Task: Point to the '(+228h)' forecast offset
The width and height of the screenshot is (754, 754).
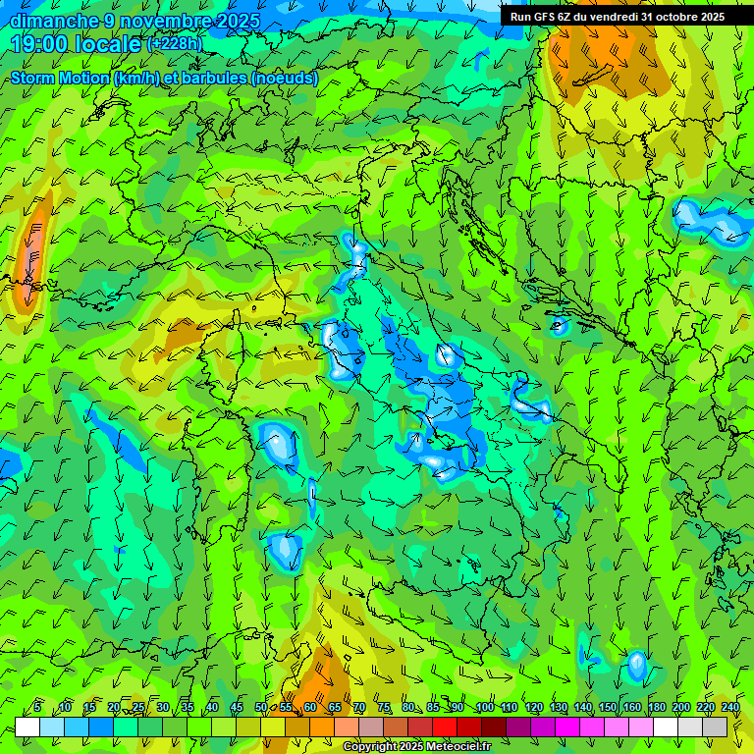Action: (x=176, y=44)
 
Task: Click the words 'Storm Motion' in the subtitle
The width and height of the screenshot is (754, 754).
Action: (x=60, y=79)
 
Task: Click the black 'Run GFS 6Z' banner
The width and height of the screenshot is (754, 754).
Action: (x=617, y=17)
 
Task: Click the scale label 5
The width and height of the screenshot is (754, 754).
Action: (x=37, y=708)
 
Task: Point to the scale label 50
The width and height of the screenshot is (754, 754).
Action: (x=261, y=708)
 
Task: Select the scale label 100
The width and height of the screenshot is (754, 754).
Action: (x=485, y=708)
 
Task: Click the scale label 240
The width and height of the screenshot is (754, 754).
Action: (x=730, y=708)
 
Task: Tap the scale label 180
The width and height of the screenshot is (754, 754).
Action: (x=657, y=708)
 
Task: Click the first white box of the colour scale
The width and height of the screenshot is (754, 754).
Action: (x=27, y=727)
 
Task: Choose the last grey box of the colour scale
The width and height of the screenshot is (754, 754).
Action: (x=716, y=727)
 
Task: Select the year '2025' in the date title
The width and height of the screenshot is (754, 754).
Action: (x=238, y=20)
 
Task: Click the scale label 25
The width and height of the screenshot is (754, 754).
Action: (x=138, y=708)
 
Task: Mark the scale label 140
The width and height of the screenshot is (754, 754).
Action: (x=583, y=708)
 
